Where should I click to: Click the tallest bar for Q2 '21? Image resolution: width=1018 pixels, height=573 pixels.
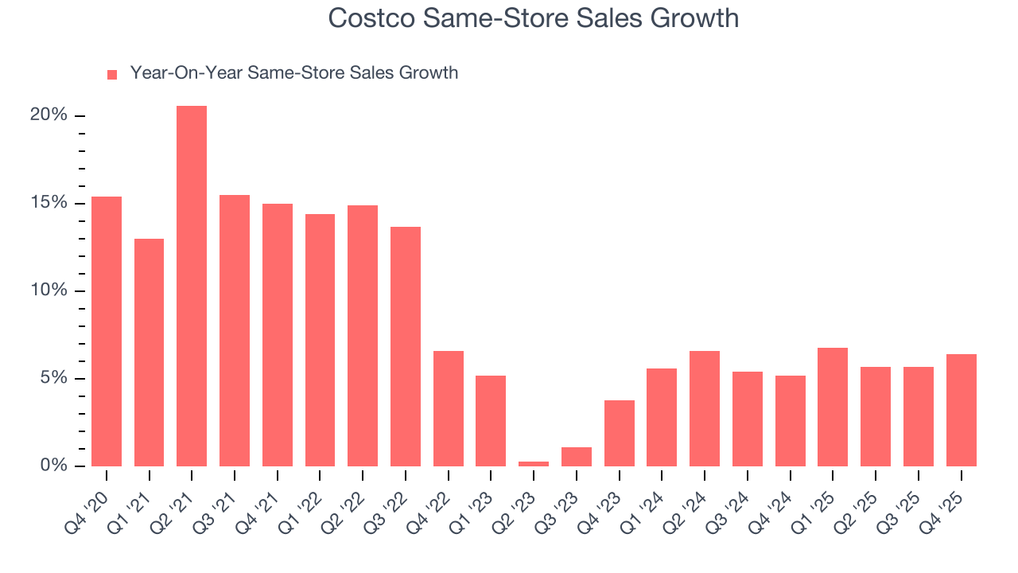192,286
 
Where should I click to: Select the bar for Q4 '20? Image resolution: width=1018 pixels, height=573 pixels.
107,331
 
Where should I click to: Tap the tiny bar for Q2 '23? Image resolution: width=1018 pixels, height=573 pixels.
534,463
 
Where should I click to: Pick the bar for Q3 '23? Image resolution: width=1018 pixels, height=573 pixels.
577,457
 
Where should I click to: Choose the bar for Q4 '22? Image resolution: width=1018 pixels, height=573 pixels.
449,408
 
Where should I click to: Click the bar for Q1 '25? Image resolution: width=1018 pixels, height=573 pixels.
833,407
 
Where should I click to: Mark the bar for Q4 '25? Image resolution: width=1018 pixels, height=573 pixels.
961,410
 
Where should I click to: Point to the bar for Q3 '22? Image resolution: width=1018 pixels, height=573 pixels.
406,346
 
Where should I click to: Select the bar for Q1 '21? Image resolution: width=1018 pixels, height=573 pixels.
149,353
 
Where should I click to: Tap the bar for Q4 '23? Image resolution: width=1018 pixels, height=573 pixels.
620,433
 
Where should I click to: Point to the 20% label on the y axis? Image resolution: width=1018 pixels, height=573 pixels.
49,115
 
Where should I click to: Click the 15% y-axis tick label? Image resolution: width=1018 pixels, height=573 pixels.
49,203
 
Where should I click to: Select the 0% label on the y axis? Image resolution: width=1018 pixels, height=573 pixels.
53,466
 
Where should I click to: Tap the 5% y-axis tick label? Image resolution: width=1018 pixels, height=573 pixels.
53,378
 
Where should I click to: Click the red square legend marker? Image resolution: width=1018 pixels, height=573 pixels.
112,74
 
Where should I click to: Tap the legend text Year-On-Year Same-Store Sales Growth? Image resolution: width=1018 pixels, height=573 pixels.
294,73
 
